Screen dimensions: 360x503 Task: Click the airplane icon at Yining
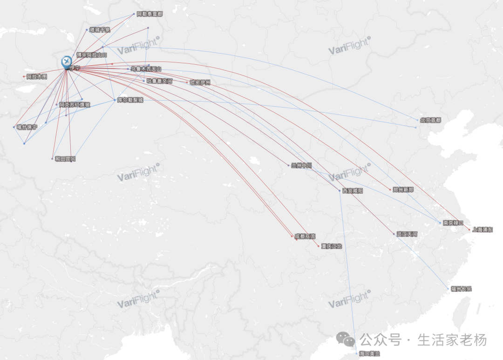tap(67, 61)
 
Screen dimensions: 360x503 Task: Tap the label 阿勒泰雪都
tap(150, 14)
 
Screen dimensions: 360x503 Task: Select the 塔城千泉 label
tap(100, 30)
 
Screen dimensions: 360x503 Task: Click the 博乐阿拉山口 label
tap(92, 55)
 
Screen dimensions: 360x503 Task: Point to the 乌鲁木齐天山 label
tap(146, 69)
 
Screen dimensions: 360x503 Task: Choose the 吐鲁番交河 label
tap(159, 81)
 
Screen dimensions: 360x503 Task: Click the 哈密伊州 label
tap(200, 83)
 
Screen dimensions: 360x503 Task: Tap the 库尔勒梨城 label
tap(130, 100)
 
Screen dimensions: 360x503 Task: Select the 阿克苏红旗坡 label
tap(75, 105)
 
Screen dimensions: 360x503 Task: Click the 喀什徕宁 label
tap(27, 127)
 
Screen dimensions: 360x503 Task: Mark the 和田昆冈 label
tap(65, 159)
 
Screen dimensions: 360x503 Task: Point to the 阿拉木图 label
tap(37, 76)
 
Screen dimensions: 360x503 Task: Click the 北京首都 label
tap(430, 120)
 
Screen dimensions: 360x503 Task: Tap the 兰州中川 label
tap(301, 165)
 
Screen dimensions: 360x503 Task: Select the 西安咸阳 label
tap(353, 191)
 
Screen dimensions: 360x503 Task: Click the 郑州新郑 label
tap(403, 190)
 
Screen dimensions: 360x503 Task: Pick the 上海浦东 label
tap(482, 230)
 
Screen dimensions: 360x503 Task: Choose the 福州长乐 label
tap(461, 289)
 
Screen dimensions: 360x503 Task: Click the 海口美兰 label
tap(369, 354)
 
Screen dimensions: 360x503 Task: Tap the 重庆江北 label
tap(332, 246)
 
